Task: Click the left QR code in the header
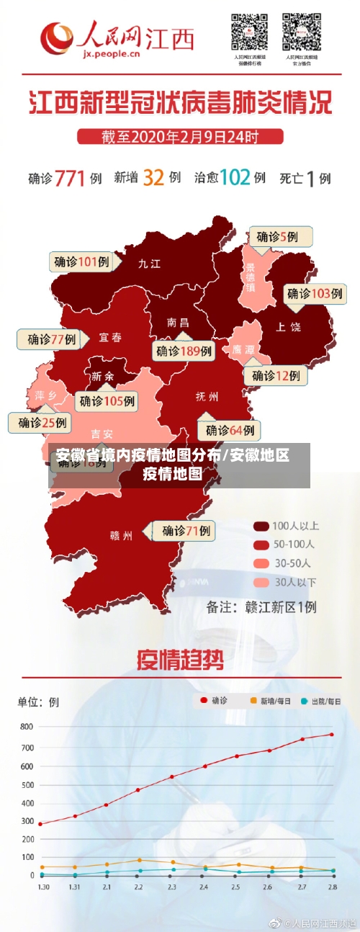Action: click(x=249, y=32)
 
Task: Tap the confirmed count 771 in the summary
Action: click(x=71, y=178)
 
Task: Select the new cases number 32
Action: click(x=153, y=177)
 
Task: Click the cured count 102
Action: click(x=234, y=177)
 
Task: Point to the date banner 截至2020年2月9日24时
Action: click(x=180, y=136)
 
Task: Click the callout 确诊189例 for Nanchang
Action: click(x=184, y=351)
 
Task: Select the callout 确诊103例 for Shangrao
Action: click(x=315, y=293)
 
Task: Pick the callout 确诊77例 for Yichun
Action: click(x=51, y=339)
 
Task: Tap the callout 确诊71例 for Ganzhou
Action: click(x=186, y=531)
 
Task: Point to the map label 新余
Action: click(x=102, y=376)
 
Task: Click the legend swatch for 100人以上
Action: click(x=260, y=526)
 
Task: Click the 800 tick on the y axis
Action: click(x=26, y=727)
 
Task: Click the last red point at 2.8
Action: click(x=332, y=735)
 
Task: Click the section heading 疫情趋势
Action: click(x=180, y=658)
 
